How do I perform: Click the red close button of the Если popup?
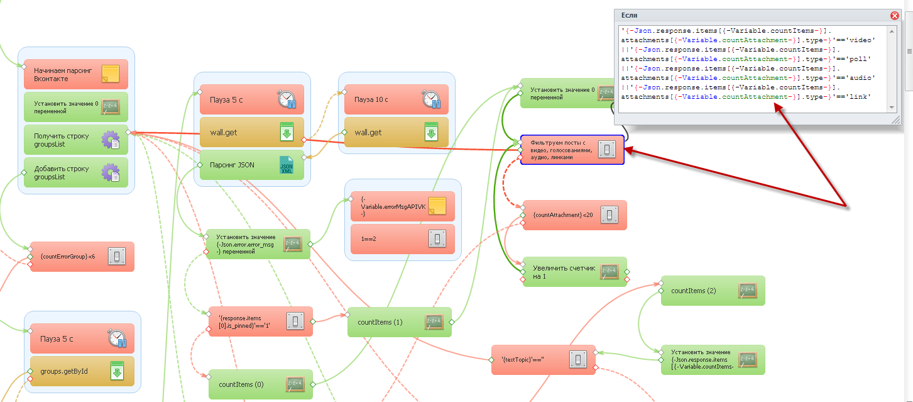[x=895, y=16]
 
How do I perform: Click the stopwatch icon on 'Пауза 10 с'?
[x=432, y=99]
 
